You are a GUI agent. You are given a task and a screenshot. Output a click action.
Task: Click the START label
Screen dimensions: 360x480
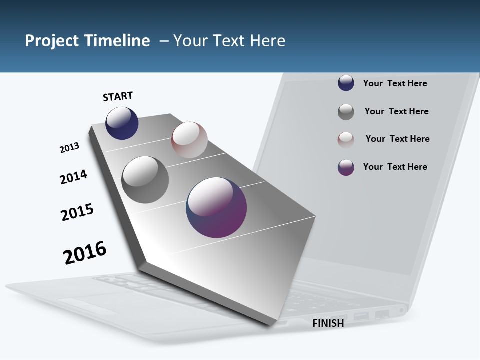pos(118,96)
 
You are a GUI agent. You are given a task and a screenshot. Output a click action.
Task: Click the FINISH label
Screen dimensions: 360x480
pos(328,323)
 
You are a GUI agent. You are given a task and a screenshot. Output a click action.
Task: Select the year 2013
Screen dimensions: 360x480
pos(69,148)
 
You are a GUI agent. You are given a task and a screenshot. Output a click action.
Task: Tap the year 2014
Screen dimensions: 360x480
pos(73,177)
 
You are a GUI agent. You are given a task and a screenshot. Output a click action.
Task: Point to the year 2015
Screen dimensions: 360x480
pos(77,212)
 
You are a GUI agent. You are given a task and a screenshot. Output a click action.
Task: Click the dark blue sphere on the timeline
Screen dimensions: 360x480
pos(122,123)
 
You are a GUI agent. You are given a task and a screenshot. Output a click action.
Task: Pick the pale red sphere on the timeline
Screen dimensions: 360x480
pos(189,140)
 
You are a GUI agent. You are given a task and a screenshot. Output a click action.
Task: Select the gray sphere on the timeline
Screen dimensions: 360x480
pos(145,180)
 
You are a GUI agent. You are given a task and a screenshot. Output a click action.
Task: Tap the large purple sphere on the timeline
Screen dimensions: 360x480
pos(216,207)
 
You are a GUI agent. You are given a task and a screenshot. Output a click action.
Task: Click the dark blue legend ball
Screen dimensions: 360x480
pos(346,83)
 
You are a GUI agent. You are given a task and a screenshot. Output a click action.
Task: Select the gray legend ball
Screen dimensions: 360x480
pos(346,112)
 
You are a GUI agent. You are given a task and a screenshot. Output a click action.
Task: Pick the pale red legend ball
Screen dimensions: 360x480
pos(346,140)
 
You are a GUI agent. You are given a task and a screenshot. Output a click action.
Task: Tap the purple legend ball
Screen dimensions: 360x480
pos(346,167)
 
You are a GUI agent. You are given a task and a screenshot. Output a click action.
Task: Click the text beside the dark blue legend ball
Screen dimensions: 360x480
pos(395,83)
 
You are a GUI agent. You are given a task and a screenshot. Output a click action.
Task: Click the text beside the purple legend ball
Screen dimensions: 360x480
pos(395,167)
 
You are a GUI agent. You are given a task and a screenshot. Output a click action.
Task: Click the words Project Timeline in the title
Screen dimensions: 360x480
pos(87,41)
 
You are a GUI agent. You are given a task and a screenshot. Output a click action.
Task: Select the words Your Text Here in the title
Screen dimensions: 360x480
pos(229,41)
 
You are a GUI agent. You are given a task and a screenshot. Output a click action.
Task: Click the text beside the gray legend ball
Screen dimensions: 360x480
pos(396,111)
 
